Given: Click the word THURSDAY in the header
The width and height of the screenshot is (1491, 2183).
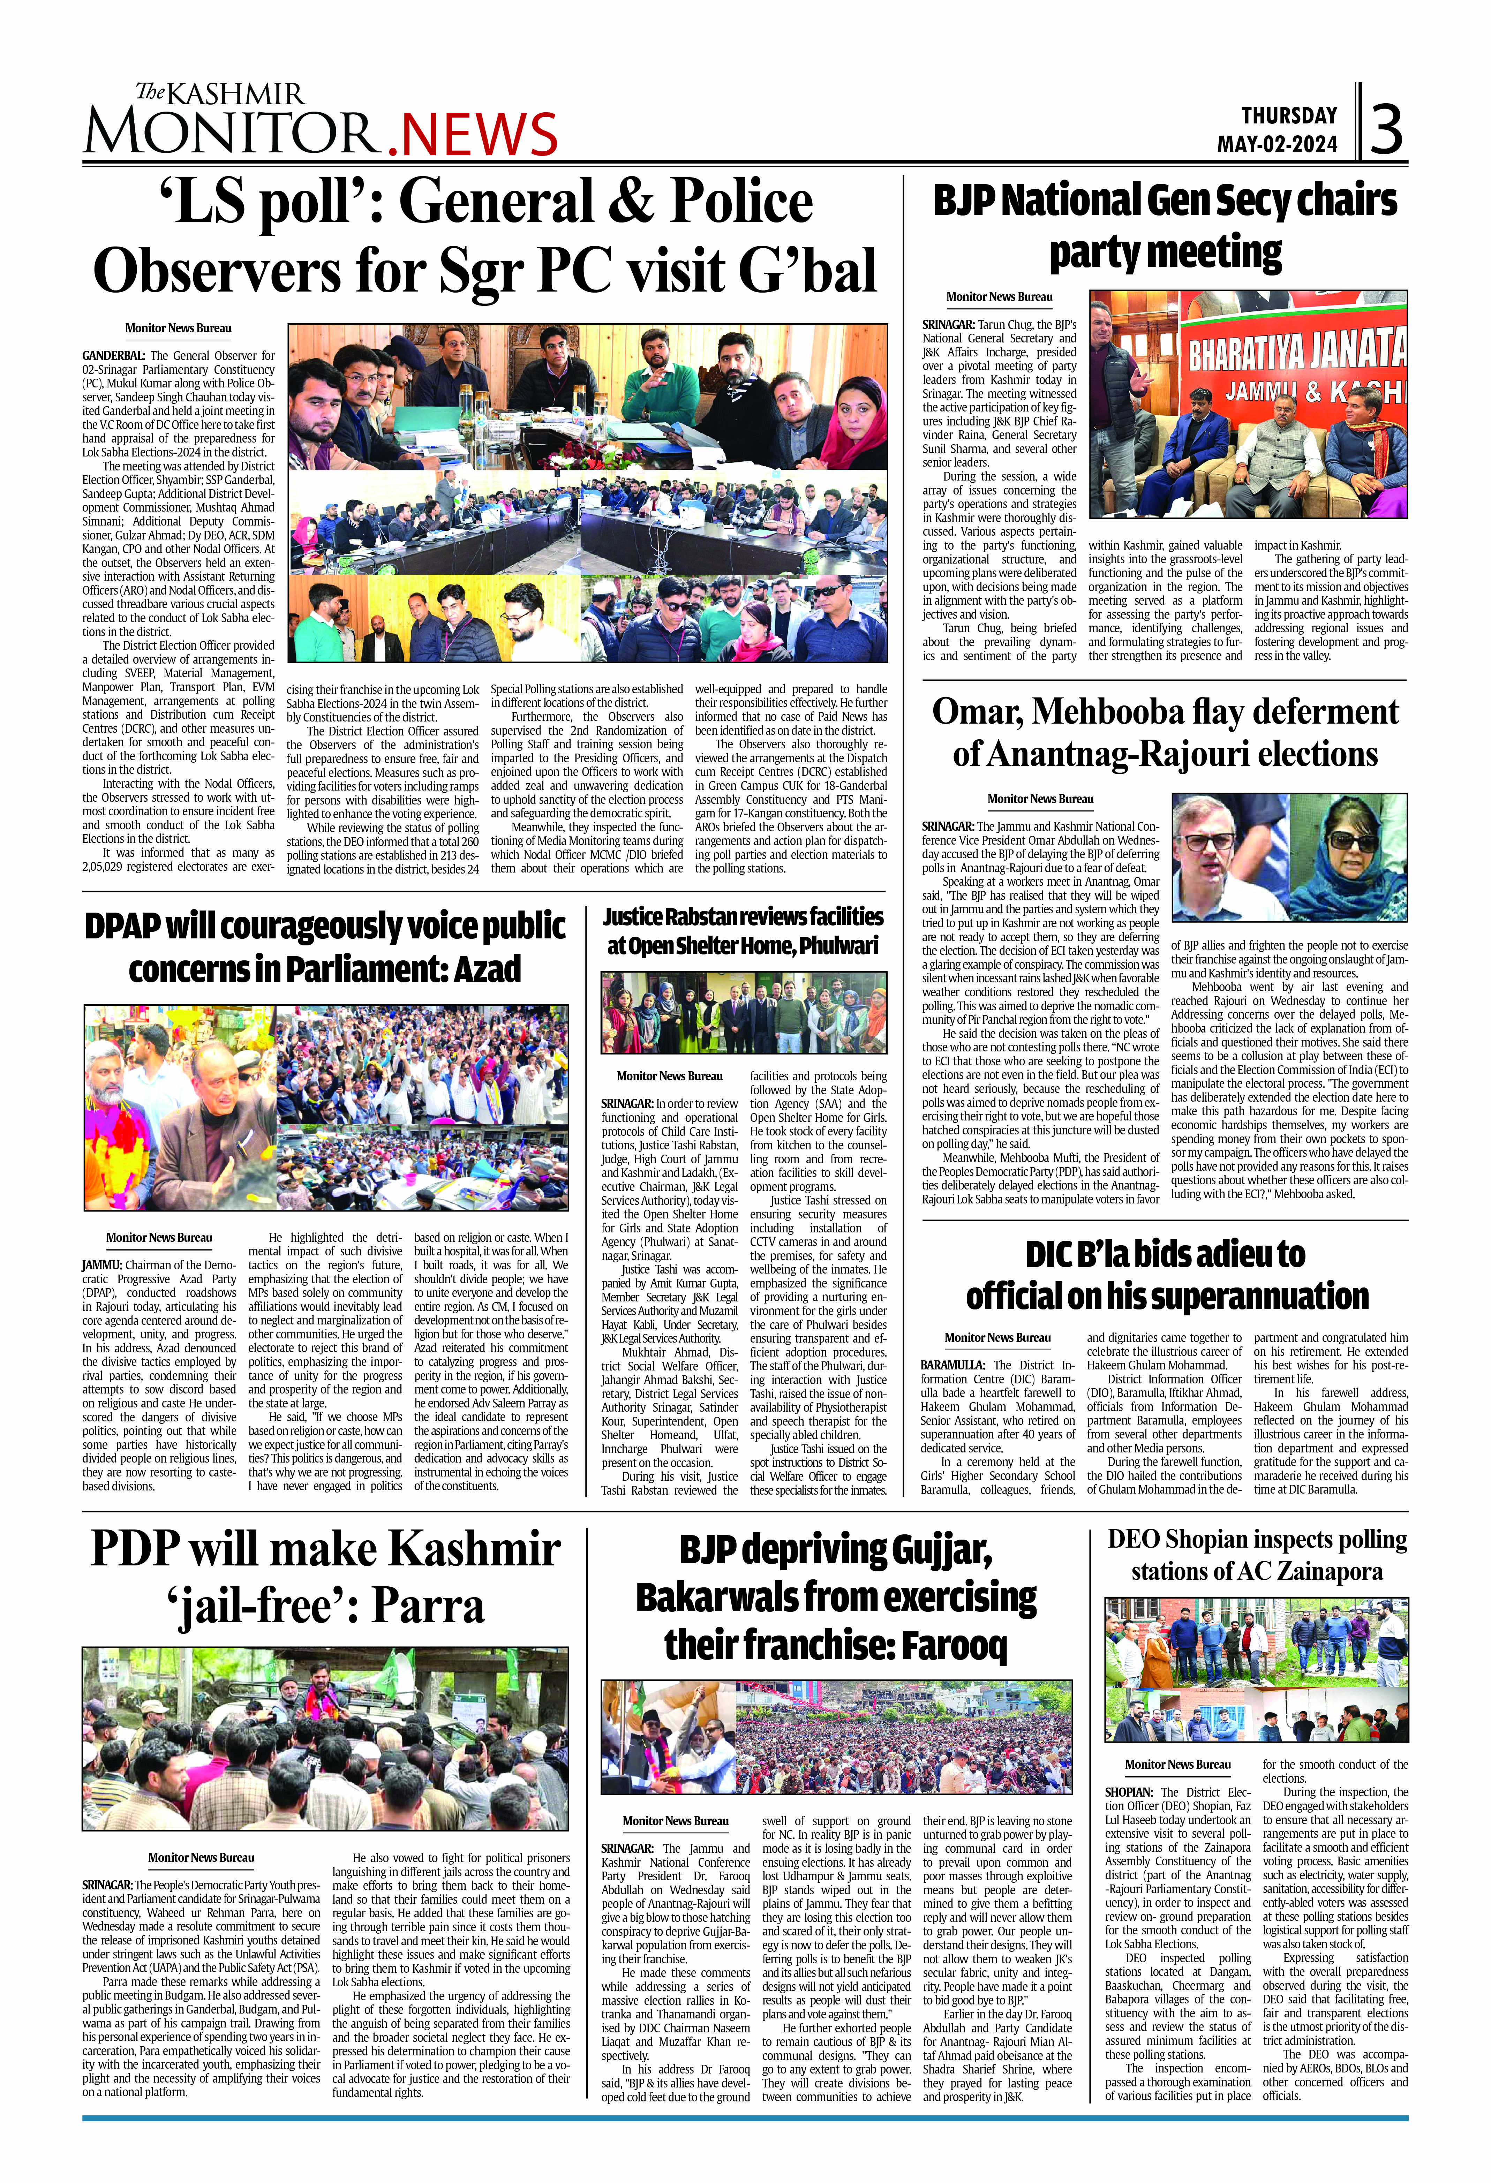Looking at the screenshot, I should (x=1289, y=115).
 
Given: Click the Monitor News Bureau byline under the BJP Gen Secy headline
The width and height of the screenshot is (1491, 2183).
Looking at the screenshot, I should (x=999, y=297).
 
